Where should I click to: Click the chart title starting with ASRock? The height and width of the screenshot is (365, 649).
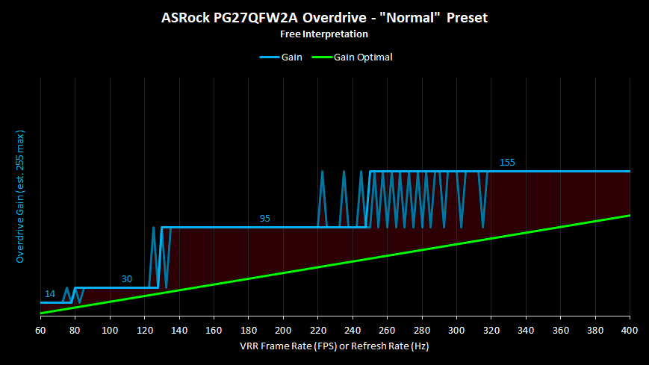click(x=324, y=18)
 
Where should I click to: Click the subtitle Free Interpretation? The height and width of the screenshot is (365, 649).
click(x=324, y=34)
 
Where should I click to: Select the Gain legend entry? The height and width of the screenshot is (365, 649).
click(x=281, y=57)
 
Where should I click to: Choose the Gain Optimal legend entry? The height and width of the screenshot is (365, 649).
click(x=352, y=57)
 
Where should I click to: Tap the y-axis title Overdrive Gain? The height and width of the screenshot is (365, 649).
click(x=20, y=196)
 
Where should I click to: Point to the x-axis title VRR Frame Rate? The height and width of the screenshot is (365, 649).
click(x=335, y=346)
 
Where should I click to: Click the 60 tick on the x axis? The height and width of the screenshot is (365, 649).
click(x=40, y=330)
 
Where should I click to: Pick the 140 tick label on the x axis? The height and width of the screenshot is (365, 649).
click(x=179, y=330)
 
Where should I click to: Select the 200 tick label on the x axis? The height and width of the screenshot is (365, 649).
click(x=283, y=330)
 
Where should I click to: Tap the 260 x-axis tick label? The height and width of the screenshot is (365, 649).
click(x=387, y=330)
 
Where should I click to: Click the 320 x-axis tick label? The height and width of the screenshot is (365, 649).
click(x=491, y=330)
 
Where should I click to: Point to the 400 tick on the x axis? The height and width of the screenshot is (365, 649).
click(x=630, y=330)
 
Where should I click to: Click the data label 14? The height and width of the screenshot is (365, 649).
click(x=50, y=294)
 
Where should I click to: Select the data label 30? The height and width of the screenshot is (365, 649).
click(x=127, y=279)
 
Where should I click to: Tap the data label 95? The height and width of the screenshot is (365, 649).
click(x=265, y=219)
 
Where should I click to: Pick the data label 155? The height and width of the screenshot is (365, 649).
click(x=507, y=163)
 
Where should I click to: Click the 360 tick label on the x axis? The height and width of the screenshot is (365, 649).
click(x=560, y=330)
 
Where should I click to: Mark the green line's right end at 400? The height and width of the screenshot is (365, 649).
click(x=630, y=215)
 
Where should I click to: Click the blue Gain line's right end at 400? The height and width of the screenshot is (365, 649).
click(x=630, y=171)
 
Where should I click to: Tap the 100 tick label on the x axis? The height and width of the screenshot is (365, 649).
click(x=110, y=330)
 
